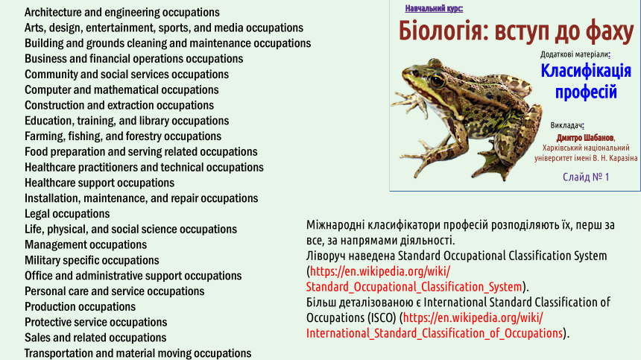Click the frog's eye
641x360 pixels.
coord(437,80)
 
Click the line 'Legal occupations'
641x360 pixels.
coord(67,214)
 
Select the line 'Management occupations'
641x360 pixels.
coord(86,244)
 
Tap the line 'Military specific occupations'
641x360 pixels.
coord(92,260)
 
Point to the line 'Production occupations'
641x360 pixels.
coord(80,307)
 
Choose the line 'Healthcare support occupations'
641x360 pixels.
coord(99,183)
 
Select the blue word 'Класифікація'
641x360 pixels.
coord(585,71)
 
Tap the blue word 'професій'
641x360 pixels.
coord(585,92)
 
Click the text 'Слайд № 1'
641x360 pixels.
coord(586,177)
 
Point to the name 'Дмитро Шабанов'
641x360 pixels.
coord(584,138)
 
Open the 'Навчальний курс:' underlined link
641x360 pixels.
coord(434,9)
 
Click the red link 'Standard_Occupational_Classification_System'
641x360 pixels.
coord(414,287)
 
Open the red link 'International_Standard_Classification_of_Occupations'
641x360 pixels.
coord(434,333)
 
